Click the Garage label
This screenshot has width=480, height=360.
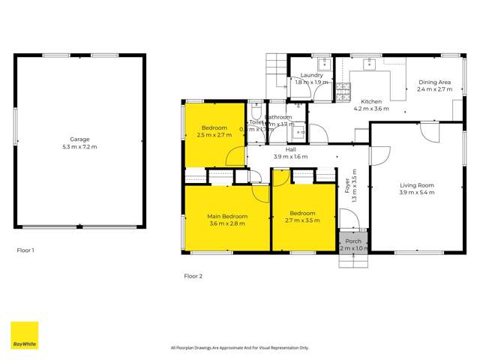pyautogui.click(x=79, y=139)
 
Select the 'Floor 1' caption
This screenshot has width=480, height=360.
pyautogui.click(x=25, y=250)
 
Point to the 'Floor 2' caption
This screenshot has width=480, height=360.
pyautogui.click(x=193, y=276)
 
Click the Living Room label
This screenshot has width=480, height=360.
pyautogui.click(x=417, y=185)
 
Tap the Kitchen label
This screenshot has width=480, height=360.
pyautogui.click(x=371, y=101)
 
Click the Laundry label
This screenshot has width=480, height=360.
pyautogui.click(x=311, y=76)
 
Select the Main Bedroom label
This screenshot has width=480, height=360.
pyautogui.click(x=227, y=216)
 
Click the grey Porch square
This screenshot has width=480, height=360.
pyautogui.click(x=353, y=244)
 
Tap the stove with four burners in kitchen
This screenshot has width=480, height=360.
pyautogui.click(x=343, y=92)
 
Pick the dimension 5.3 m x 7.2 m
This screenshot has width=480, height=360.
pyautogui.click(x=79, y=146)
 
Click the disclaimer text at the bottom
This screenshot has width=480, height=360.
pyautogui.click(x=239, y=347)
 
